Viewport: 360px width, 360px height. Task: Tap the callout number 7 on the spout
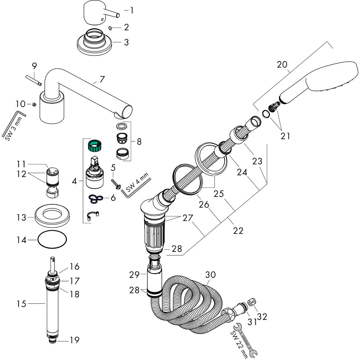point(102,80)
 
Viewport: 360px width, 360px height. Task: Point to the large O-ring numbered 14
point(52,240)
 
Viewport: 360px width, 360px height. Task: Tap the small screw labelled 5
point(116,184)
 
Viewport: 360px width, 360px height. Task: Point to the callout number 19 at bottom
point(75,340)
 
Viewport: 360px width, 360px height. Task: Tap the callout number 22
point(238,230)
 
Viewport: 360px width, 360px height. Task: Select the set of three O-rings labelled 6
point(96,198)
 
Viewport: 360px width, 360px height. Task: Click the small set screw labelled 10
point(34,104)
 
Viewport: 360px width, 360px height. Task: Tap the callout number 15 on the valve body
point(21,304)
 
